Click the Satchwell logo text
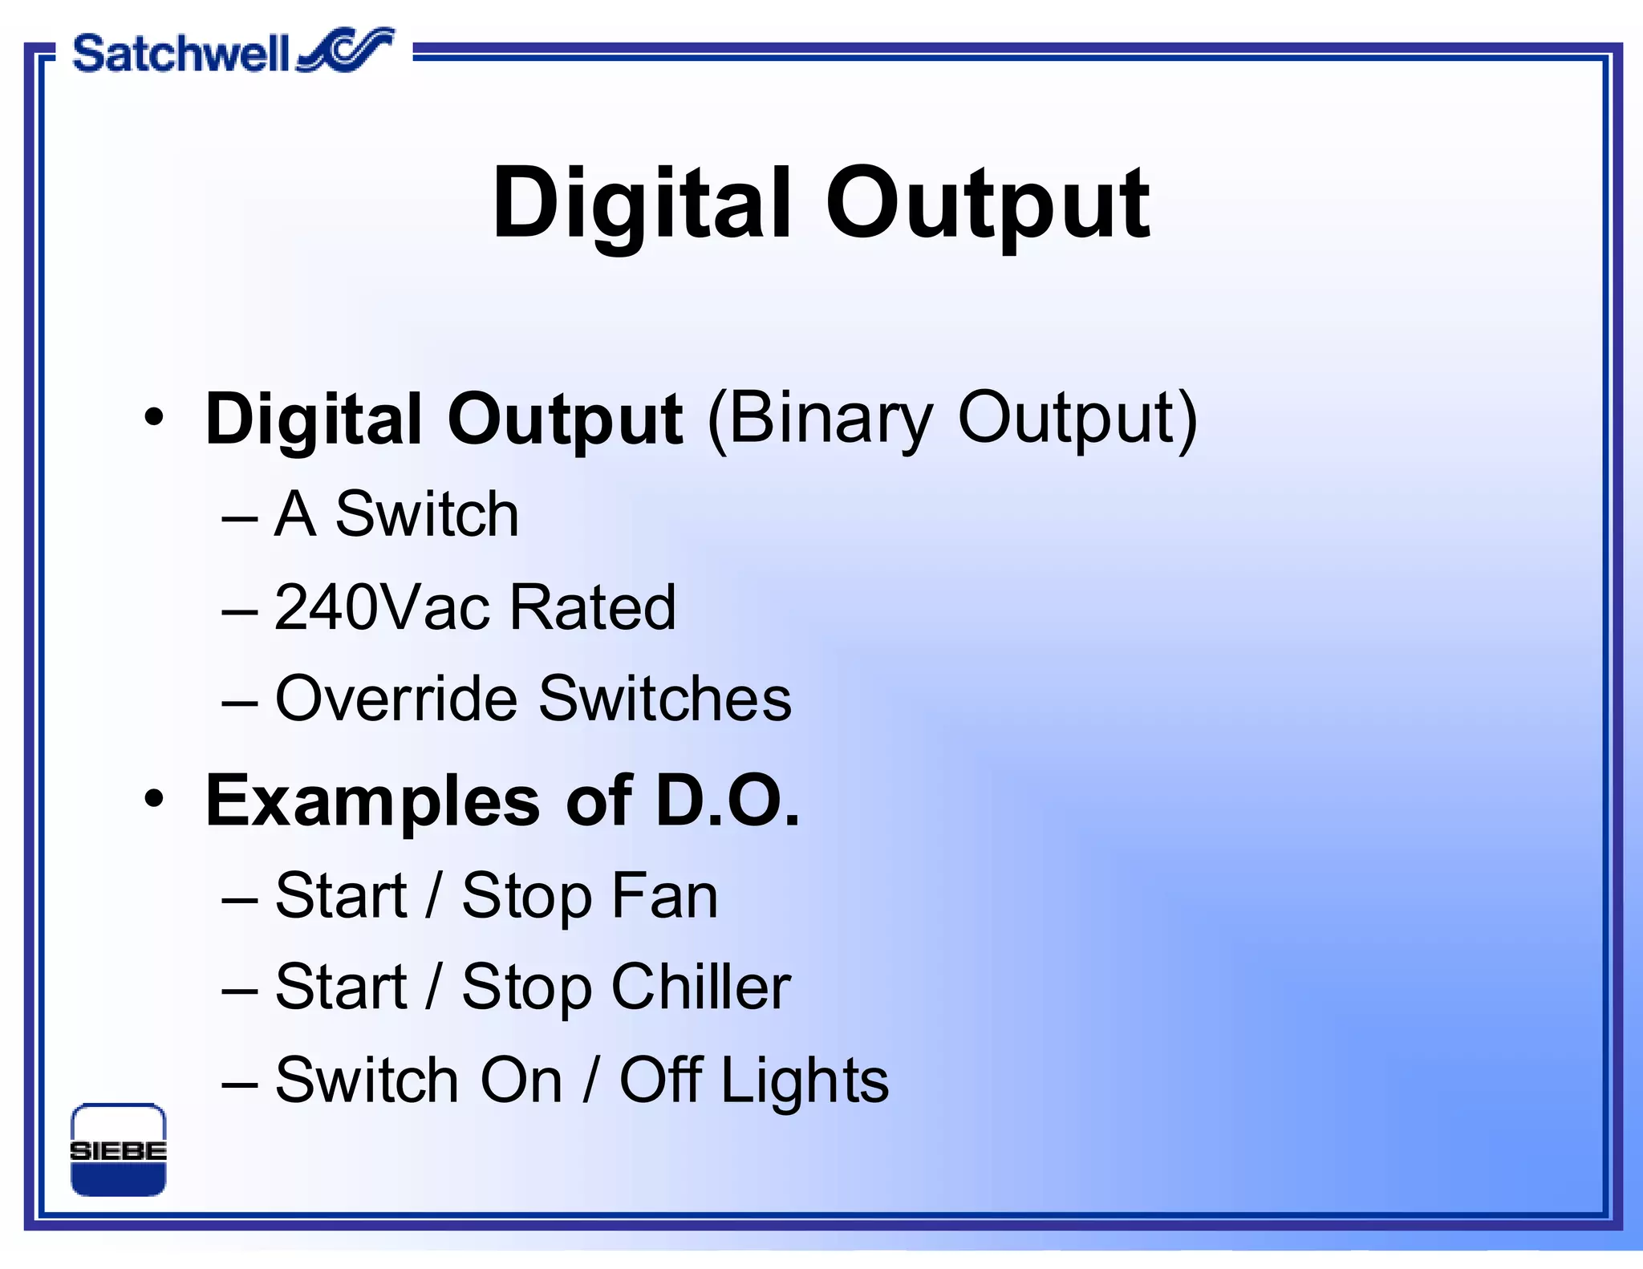[x=181, y=54]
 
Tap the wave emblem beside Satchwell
[x=347, y=50]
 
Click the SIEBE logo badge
[x=119, y=1150]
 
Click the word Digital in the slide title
[x=642, y=204]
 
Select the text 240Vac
[x=382, y=607]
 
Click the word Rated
[x=593, y=607]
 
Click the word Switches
[x=665, y=699]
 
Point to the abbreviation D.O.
[x=728, y=801]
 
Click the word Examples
[x=373, y=802]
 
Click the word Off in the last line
[x=661, y=1080]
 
